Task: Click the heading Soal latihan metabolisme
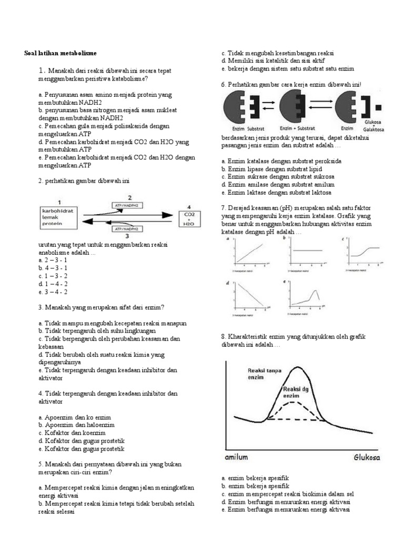click(60, 53)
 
